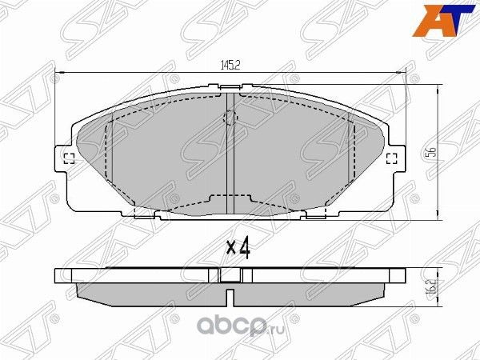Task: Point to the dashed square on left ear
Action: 68,158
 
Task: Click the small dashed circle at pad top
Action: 230,119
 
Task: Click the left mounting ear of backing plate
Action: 64,158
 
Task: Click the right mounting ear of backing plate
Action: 395,158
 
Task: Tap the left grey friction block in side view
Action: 148,294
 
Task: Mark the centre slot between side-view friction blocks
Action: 230,295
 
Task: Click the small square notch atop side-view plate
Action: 230,274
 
